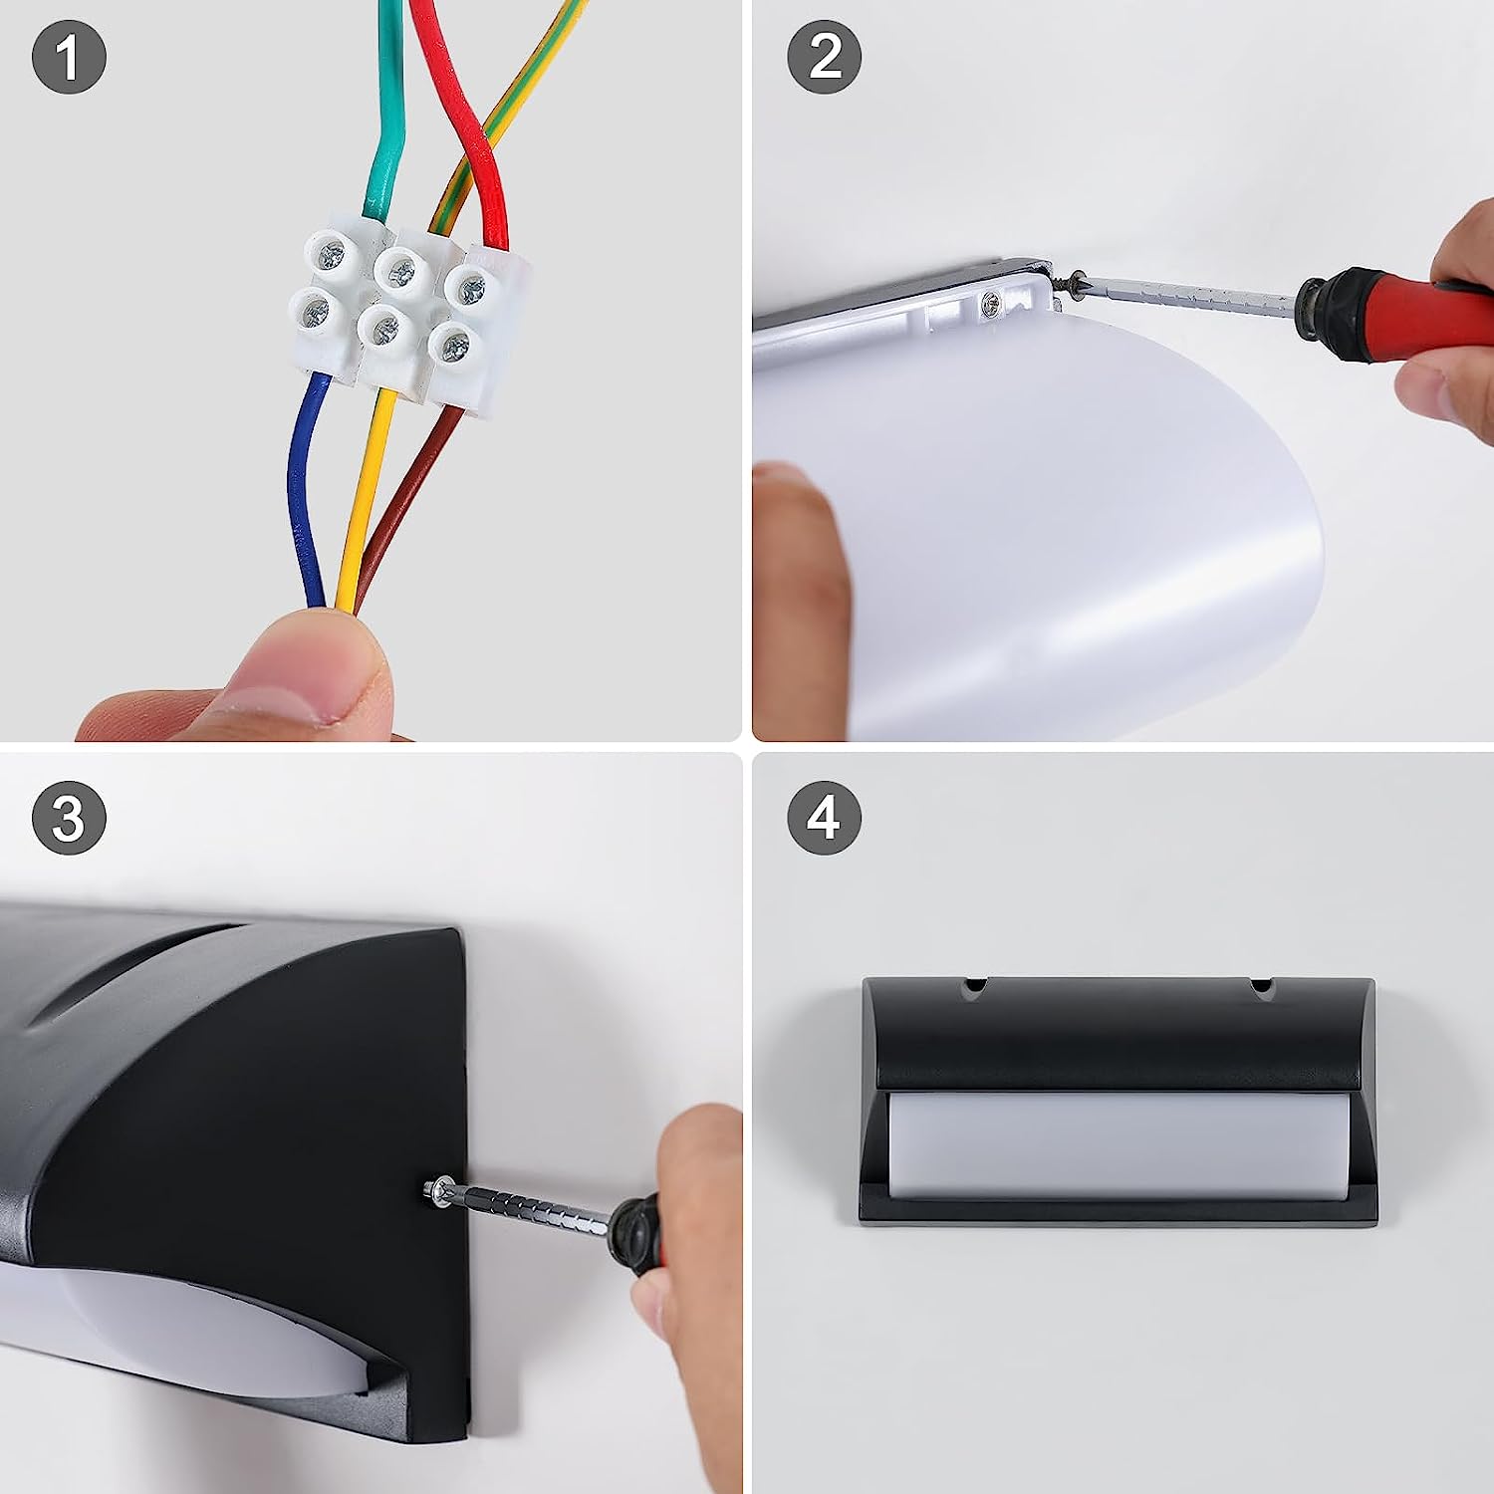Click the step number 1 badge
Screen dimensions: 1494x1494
pyautogui.click(x=69, y=58)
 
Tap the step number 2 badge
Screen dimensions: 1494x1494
pyautogui.click(x=825, y=58)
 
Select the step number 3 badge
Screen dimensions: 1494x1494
pyautogui.click(x=69, y=818)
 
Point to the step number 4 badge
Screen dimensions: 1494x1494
pyautogui.click(x=825, y=818)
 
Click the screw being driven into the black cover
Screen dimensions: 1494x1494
pyautogui.click(x=435, y=1189)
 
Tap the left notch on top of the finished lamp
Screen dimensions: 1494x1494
pyautogui.click(x=973, y=987)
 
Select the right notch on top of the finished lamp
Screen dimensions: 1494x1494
pyautogui.click(x=1261, y=987)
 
